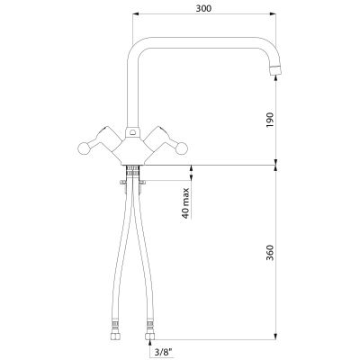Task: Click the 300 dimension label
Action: [203, 8]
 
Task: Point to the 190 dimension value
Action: [270, 120]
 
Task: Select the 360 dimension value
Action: [270, 253]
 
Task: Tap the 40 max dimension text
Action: [186, 203]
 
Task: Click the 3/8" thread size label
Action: [165, 352]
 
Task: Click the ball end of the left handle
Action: [84, 148]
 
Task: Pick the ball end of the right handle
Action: [182, 148]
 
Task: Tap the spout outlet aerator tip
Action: [276, 70]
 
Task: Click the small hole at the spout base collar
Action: [132, 131]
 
